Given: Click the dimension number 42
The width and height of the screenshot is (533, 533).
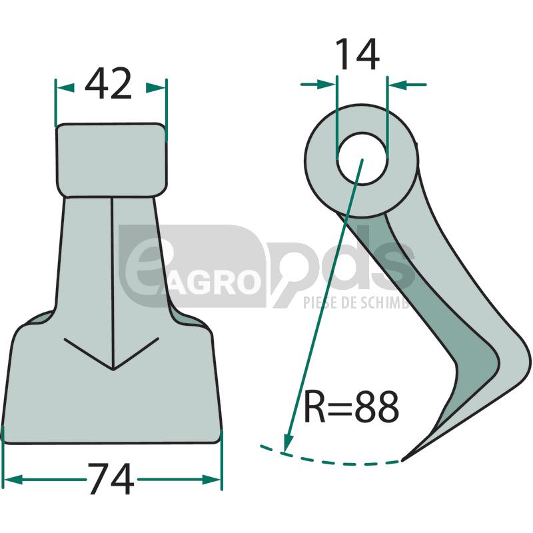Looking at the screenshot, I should pyautogui.click(x=111, y=85).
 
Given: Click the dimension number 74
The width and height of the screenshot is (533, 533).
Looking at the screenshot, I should pyautogui.click(x=110, y=480).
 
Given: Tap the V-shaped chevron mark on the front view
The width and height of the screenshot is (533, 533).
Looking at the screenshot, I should pyautogui.click(x=113, y=356).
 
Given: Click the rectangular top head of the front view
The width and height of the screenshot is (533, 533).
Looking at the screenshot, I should pyautogui.click(x=111, y=159).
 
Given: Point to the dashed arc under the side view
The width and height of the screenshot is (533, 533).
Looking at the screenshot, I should pyautogui.click(x=333, y=460).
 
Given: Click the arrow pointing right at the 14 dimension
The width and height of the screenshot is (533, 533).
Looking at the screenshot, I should pyautogui.click(x=326, y=84).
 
